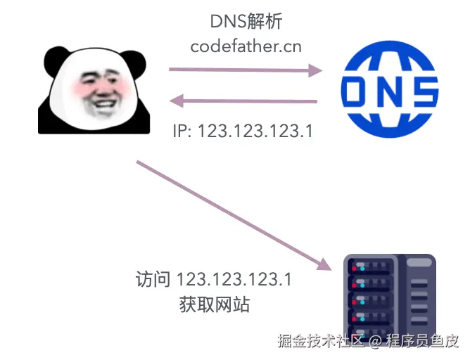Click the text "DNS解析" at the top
pos(246,21)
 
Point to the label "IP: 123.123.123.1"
pos(243,131)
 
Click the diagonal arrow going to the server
pos(232,215)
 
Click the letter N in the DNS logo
pos(389,91)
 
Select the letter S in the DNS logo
pos(421,91)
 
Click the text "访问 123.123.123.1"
pos(213,279)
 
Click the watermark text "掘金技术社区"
pos(319,342)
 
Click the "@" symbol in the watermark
pos(376,343)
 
